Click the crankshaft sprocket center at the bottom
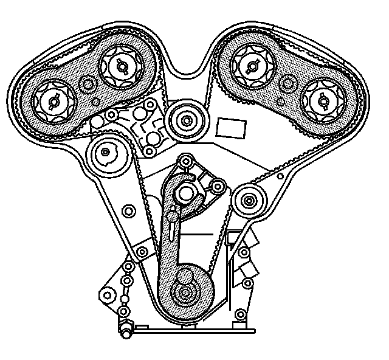184,293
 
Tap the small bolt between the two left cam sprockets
88,85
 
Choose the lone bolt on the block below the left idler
128,211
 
